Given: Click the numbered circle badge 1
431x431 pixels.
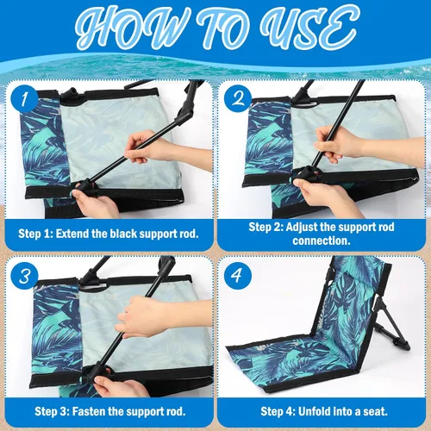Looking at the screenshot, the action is (x=24, y=98).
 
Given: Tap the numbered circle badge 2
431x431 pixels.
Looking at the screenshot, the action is (x=237, y=98).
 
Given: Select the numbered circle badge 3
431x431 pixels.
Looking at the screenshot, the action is (x=24, y=275).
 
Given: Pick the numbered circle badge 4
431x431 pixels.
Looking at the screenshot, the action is (x=237, y=275).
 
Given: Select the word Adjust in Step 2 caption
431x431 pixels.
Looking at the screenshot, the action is (x=302, y=227).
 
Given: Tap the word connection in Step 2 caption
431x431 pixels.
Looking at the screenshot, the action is (x=322, y=240).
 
